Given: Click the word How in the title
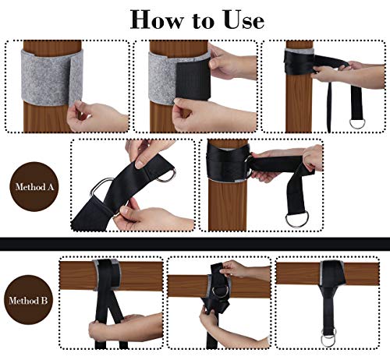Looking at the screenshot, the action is coord(156,19).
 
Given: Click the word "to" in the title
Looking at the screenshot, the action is coord(204,21).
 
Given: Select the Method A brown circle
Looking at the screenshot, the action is coord(34,186).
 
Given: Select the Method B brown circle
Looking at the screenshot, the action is coord(28,300).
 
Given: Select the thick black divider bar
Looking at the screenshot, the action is coord(195,244).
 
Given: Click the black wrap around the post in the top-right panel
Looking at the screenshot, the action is coord(299,62).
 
